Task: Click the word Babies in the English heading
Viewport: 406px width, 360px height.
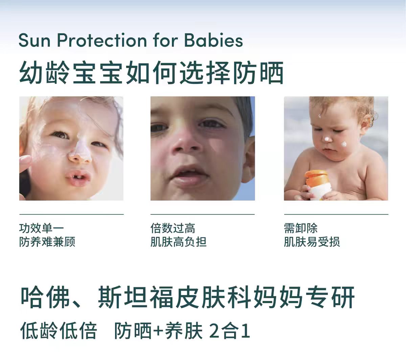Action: click(213, 41)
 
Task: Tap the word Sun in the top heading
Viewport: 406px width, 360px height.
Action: click(34, 41)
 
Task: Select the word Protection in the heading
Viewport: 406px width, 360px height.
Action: click(102, 41)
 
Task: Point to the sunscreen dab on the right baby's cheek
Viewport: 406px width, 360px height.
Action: click(344, 144)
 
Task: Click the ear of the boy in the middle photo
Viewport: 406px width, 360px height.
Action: click(248, 158)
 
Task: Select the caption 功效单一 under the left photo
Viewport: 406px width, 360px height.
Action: click(42, 228)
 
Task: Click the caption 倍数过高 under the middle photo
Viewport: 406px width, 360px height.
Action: click(173, 228)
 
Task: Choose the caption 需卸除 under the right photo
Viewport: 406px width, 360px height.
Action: click(300, 228)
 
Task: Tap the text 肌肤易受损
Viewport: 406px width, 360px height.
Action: click(312, 242)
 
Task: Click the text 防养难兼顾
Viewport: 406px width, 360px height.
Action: click(47, 242)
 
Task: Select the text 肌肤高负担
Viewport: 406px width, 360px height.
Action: click(178, 242)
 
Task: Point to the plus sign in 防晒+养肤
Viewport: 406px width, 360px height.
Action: click(158, 331)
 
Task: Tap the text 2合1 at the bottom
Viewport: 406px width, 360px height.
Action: click(230, 331)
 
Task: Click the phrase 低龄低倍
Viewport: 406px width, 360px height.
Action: click(59, 331)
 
